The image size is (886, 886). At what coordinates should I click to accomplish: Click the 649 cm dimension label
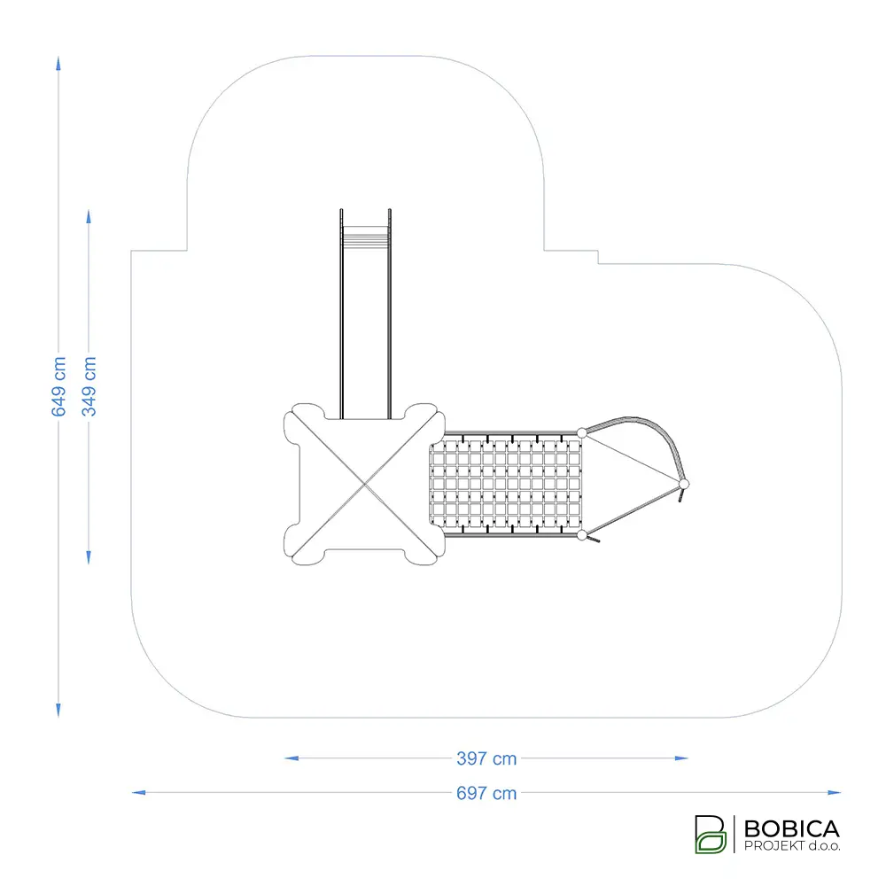coord(58,386)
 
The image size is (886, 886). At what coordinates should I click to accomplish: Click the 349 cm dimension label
coord(89,386)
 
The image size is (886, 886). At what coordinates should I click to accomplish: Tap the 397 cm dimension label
coord(486,758)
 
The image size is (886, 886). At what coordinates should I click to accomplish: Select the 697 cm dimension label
coord(486,793)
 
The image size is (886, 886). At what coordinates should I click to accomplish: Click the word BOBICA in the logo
coord(791,829)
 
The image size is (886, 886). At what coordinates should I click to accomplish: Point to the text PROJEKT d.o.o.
coord(791,846)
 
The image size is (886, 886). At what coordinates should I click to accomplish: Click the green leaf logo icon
coord(711,834)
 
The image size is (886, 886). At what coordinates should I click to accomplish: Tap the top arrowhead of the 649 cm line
coord(58,63)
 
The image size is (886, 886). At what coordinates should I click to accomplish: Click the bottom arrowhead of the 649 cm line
coord(58,711)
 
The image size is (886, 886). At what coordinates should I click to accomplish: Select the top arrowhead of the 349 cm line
coord(89,217)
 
